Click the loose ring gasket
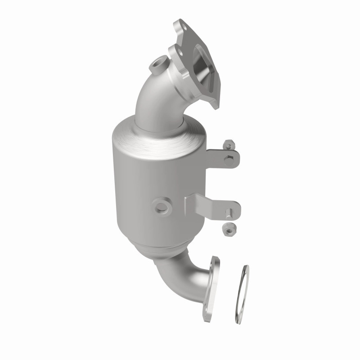click(x=242, y=295)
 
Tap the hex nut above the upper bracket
click(x=229, y=145)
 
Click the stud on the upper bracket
click(x=230, y=157)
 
